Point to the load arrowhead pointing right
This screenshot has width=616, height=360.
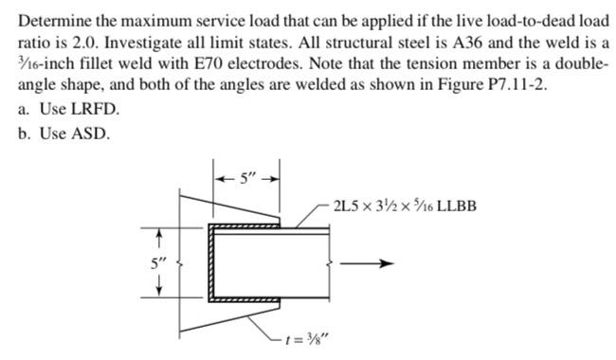click(384, 265)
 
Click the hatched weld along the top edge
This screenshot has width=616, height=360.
click(249, 227)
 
